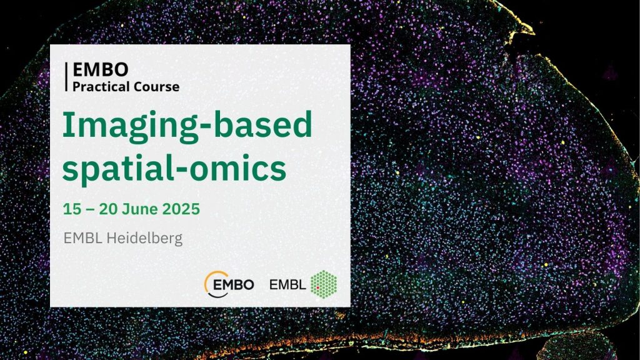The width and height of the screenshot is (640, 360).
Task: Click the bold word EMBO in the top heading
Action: click(101, 70)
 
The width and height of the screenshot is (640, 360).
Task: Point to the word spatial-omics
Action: click(174, 169)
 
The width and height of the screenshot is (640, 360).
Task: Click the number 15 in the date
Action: click(72, 209)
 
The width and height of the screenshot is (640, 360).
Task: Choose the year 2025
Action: click(181, 209)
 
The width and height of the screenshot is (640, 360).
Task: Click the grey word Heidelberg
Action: click(144, 238)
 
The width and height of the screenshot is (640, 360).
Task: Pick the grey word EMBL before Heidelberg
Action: click(83, 238)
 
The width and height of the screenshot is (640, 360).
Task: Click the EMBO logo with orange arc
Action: click(229, 284)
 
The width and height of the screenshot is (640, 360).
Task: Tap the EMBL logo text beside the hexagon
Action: click(287, 284)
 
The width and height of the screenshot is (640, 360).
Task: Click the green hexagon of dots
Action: click(324, 284)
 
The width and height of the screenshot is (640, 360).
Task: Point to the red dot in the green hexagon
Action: click(317, 287)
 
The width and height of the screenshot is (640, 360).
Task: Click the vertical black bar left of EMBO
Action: click(66, 77)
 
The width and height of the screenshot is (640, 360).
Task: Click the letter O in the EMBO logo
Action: click(248, 284)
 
